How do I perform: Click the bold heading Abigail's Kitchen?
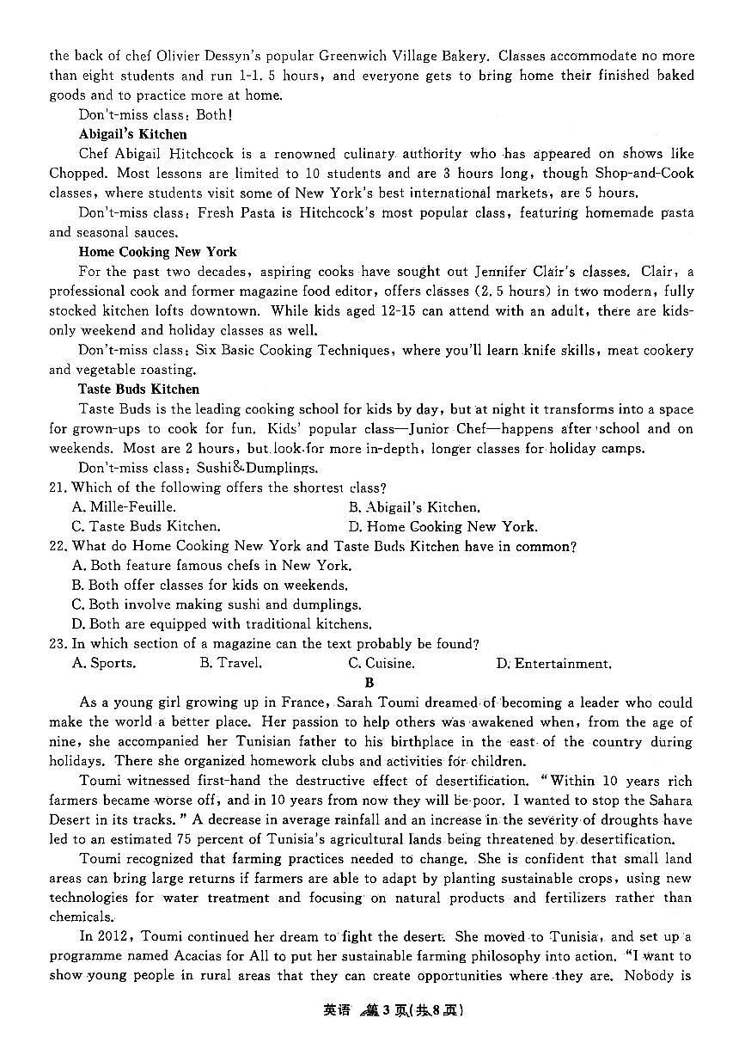click(132, 134)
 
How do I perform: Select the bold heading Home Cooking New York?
click(157, 252)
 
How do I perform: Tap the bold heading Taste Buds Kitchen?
click(138, 389)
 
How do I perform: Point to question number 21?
click(58, 488)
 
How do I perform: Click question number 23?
click(58, 643)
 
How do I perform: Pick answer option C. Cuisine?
click(381, 663)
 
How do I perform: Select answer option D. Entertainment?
click(553, 663)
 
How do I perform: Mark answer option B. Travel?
click(230, 663)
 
